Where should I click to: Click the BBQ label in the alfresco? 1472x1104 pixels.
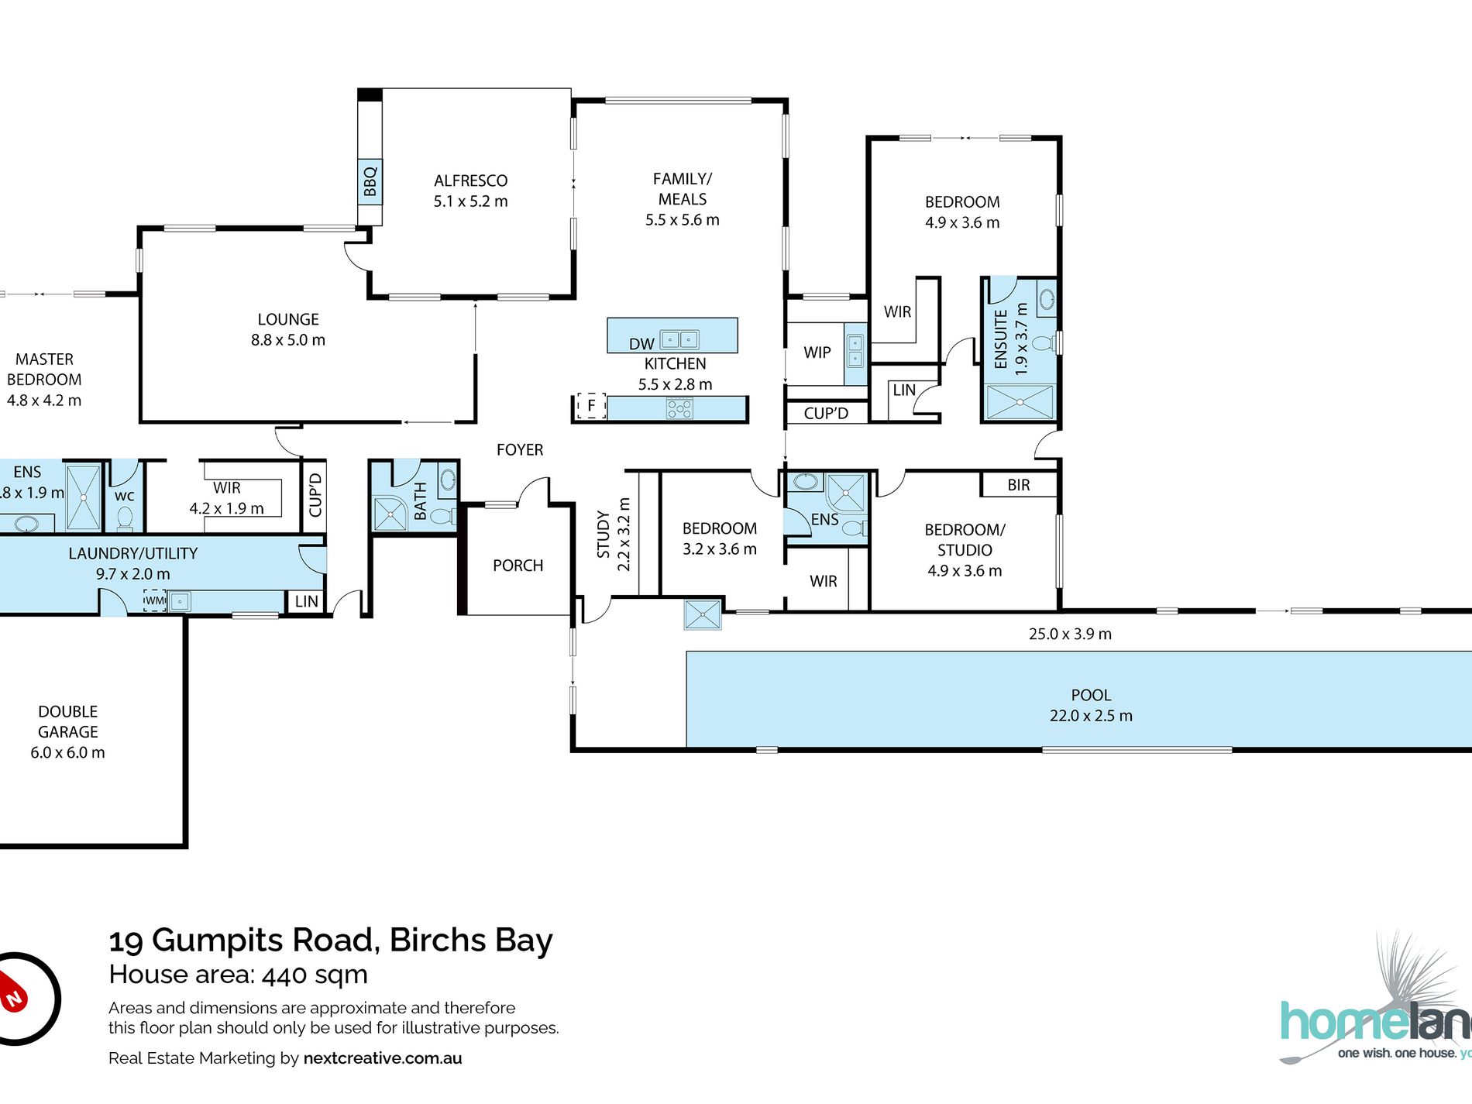coord(370,181)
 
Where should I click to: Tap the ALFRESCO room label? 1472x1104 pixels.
coord(470,181)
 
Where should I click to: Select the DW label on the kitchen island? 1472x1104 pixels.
coord(641,344)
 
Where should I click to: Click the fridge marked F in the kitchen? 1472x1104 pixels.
coord(591,405)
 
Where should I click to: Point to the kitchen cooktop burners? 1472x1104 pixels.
coord(679,408)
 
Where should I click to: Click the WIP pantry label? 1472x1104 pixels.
coord(817,353)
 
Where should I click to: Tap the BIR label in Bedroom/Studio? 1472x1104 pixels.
coord(1019,485)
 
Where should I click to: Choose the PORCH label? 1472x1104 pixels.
coord(518,566)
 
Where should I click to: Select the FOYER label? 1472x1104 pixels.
coord(520,449)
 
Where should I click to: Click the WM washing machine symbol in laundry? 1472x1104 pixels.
coord(155,600)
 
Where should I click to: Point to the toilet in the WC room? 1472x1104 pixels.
coord(125,517)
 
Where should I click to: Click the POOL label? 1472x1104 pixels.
coord(1091,695)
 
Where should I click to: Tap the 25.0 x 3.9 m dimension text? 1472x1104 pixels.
coord(1070,634)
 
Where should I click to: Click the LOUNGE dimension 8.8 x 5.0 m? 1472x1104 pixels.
coord(288,340)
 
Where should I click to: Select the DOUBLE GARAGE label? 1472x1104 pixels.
coord(68,721)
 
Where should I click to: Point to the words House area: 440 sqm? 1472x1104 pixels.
coord(239,975)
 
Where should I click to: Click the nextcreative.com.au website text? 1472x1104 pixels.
coord(383,1058)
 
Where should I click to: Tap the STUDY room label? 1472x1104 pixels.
coord(603,535)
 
